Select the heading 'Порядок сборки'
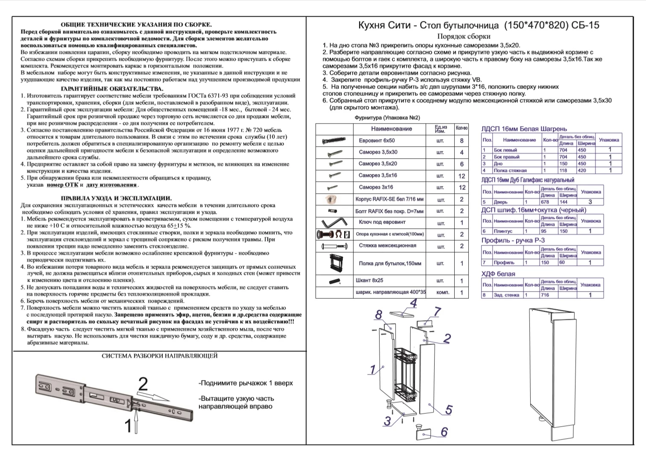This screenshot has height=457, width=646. tap(464, 37)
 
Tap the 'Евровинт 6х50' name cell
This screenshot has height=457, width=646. tap(377, 141)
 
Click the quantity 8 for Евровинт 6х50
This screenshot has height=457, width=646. tap(462, 141)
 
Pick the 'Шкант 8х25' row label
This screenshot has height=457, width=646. tap(369, 281)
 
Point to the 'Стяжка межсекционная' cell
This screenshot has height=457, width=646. tap(387, 246)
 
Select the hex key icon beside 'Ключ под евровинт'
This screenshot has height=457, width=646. tap(334, 223)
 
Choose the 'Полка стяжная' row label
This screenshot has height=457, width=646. tap(510, 171)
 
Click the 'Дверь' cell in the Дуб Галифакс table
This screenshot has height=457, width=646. tap(500, 202)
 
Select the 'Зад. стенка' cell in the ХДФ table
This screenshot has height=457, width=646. tap(506, 295)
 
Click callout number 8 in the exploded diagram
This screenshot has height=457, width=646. tap(378, 315)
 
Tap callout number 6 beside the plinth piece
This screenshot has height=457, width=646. tap(444, 432)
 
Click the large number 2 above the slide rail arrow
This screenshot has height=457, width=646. tap(143, 385)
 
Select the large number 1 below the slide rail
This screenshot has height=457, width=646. tap(128, 426)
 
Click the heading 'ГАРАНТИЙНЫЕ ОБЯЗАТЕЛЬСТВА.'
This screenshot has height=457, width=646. tap(112, 88)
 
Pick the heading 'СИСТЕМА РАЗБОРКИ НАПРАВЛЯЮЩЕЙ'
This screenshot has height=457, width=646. tap(159, 356)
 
